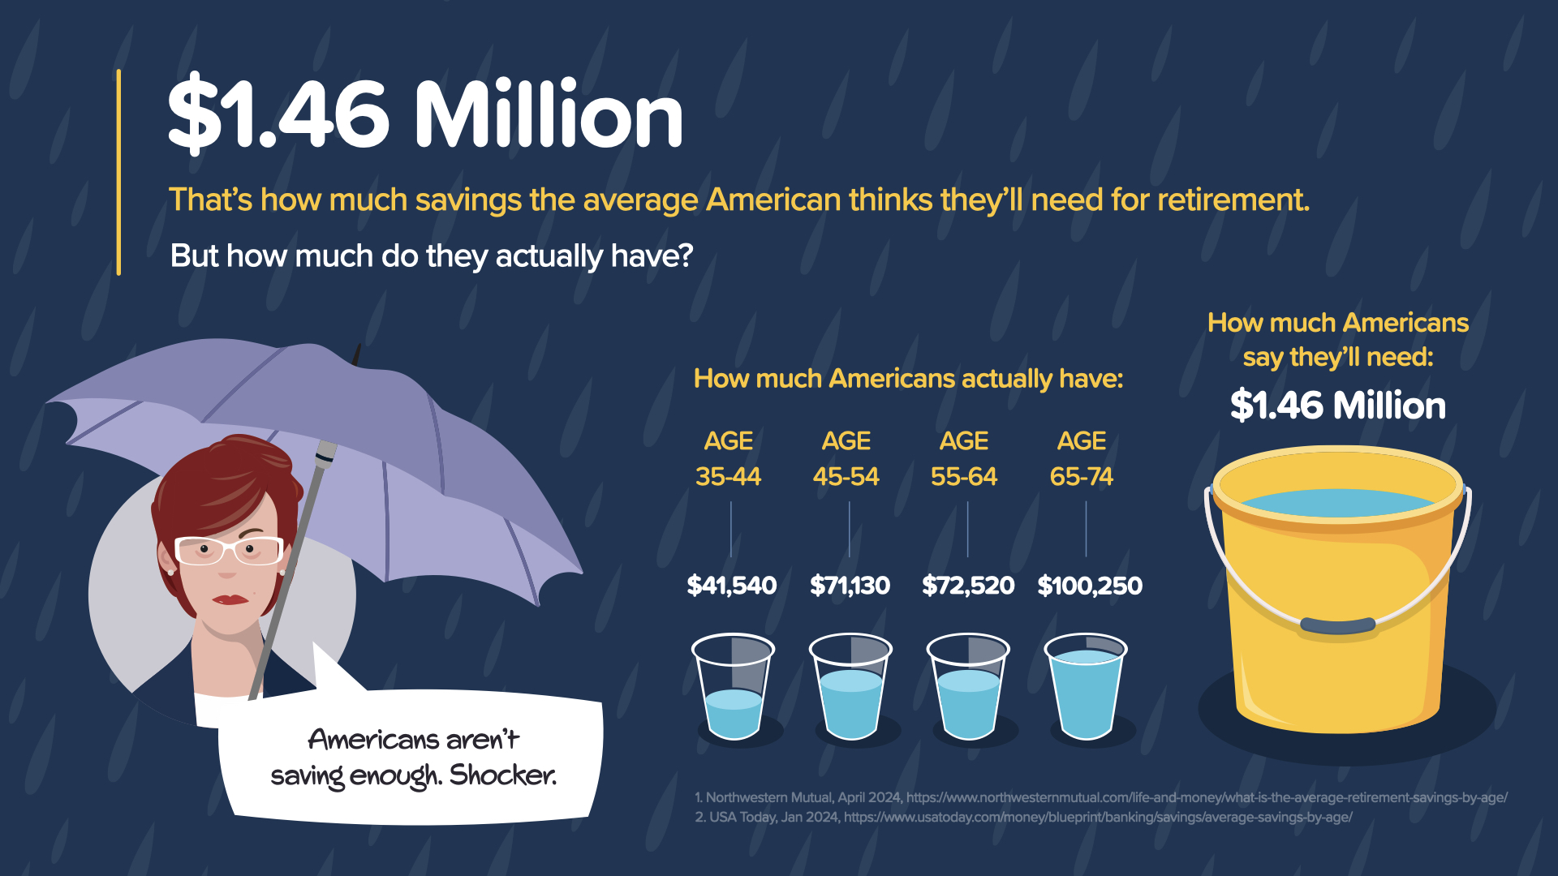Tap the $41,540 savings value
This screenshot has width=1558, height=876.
click(x=731, y=585)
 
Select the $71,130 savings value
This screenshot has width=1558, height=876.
click(x=850, y=585)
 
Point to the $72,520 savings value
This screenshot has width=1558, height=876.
click(x=967, y=585)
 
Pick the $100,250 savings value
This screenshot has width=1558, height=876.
click(x=1089, y=585)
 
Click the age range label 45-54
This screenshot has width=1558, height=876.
click(x=846, y=476)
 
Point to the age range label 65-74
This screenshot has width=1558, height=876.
click(x=1081, y=476)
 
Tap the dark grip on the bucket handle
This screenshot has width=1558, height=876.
click(x=1337, y=625)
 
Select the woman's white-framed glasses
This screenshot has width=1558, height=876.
click(x=229, y=551)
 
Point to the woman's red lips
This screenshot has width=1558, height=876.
click(x=230, y=599)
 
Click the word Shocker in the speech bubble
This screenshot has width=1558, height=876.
click(x=502, y=775)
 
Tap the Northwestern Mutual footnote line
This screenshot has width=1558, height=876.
click(x=1100, y=797)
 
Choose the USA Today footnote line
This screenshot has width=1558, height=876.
click(x=1022, y=817)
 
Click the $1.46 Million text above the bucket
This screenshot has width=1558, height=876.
click(x=1337, y=405)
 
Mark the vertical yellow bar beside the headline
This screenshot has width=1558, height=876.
click(x=118, y=172)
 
